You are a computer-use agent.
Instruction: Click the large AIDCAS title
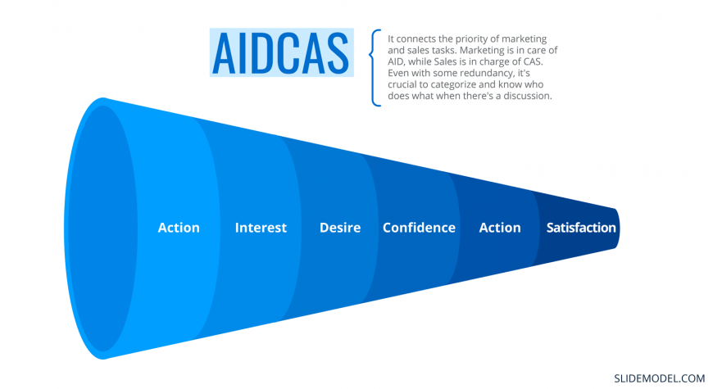[280, 52]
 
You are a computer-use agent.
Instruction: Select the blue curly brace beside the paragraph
[375, 68]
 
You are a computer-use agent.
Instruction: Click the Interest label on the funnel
[261, 227]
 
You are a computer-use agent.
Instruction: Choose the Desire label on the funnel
[340, 227]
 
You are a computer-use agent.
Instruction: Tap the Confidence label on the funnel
[419, 227]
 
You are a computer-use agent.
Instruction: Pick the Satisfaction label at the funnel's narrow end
[581, 227]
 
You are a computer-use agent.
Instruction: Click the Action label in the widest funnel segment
[179, 227]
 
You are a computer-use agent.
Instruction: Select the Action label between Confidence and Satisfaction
[500, 227]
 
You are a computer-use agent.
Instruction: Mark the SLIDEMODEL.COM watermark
[660, 378]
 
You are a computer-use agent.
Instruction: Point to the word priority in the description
[472, 39]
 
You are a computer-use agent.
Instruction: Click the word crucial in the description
[402, 84]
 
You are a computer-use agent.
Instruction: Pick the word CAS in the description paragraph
[533, 61]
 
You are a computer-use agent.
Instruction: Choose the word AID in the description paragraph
[396, 61]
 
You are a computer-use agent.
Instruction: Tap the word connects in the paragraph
[416, 39]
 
